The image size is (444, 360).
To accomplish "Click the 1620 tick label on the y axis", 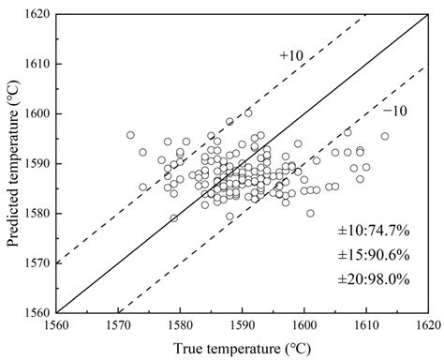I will click(37, 15).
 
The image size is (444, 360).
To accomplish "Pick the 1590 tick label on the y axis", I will click(37, 163).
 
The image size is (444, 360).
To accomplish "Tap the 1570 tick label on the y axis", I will click(37, 262).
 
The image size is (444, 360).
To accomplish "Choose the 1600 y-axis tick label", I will click(37, 113).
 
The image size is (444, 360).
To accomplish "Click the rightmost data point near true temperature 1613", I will click(385, 136).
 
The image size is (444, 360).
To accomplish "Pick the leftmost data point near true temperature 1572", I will click(130, 135).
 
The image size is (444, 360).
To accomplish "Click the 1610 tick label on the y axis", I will click(37, 65).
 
